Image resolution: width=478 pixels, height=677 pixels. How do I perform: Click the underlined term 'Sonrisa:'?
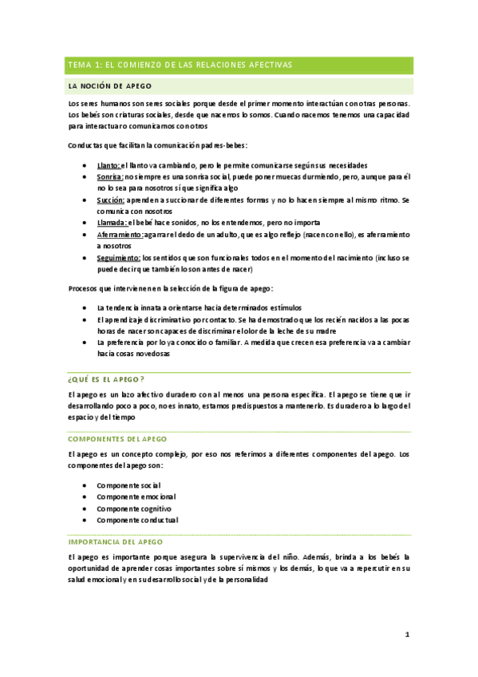[x=109, y=176]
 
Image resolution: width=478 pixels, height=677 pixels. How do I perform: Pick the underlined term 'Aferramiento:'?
[x=120, y=235]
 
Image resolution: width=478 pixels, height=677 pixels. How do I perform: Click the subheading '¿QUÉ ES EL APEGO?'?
[x=106, y=378]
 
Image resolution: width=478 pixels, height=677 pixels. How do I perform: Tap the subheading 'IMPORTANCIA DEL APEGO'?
[x=116, y=540]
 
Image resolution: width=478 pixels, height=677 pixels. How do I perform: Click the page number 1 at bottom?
[x=406, y=634]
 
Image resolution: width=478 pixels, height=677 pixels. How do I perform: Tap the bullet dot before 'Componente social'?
[x=85, y=485]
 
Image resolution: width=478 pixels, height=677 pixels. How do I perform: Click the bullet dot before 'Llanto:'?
[x=85, y=164]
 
